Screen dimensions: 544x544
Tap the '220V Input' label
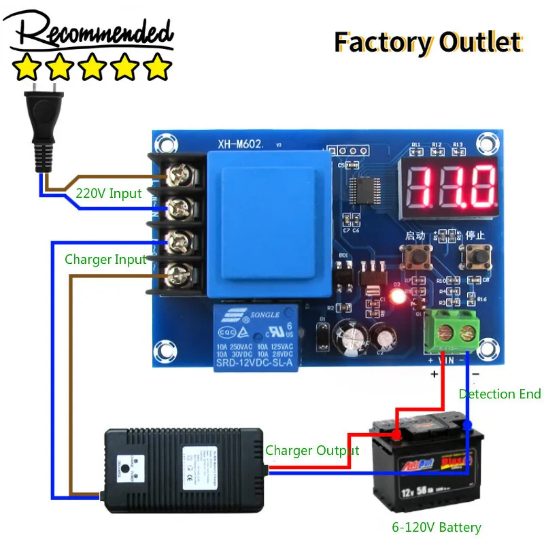coord(109,193)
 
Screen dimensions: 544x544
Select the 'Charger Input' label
coord(105,259)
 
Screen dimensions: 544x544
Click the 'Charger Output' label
coord(312,450)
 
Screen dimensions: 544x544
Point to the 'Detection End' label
coord(500,394)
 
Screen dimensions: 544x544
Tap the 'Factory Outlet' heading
coord(428,42)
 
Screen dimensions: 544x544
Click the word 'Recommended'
coord(92,32)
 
